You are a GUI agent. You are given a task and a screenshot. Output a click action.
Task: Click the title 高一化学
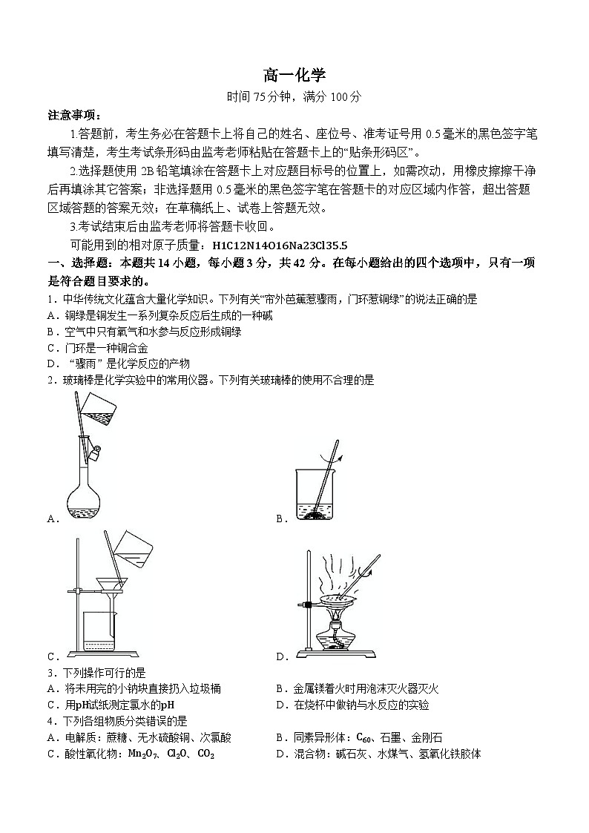point(294,75)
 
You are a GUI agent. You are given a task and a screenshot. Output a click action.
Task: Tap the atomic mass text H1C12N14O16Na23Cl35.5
point(280,245)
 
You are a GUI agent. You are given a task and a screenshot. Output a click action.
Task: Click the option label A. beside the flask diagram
point(53,519)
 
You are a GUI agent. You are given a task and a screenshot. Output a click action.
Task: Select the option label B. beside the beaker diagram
point(281,519)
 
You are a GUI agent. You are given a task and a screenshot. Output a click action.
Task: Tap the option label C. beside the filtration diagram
point(53,656)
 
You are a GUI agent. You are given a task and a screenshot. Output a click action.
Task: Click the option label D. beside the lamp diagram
point(281,656)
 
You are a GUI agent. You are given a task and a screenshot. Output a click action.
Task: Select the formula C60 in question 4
point(365,737)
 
